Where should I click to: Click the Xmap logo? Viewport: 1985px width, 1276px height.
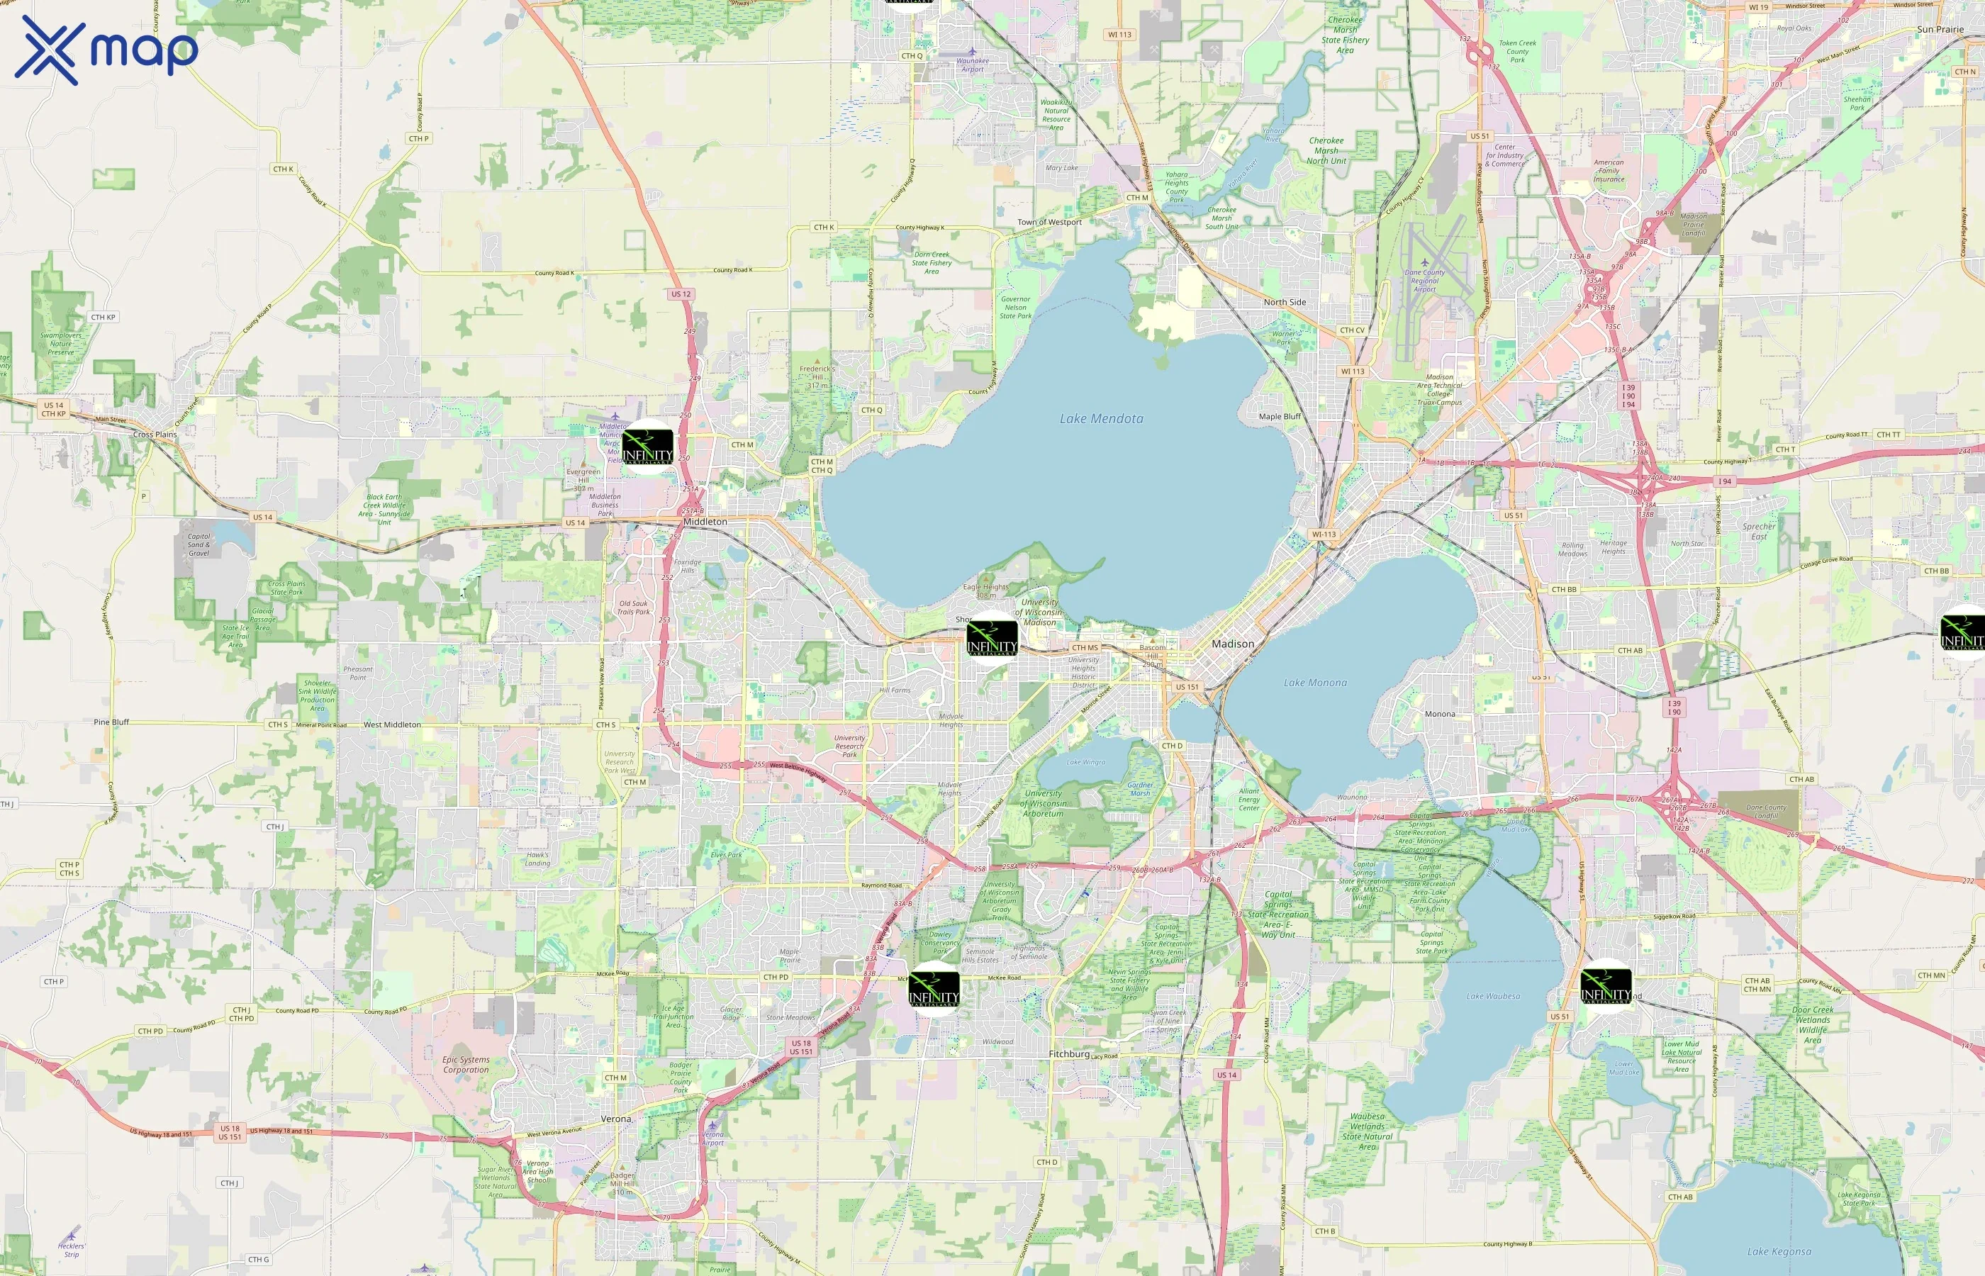(106, 50)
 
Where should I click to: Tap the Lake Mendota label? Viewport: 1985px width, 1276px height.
(1101, 419)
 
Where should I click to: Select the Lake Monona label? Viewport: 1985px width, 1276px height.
(1315, 683)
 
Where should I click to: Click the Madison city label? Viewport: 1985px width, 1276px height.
(1233, 644)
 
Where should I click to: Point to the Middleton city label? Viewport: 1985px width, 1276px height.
(705, 522)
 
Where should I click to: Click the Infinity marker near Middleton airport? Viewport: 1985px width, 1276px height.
(647, 447)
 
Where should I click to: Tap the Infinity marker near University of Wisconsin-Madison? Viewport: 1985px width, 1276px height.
(992, 639)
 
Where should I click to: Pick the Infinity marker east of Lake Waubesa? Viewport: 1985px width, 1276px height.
(1606, 986)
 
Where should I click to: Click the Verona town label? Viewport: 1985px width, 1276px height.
(615, 1119)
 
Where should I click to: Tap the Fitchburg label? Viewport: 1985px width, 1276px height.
(1069, 1054)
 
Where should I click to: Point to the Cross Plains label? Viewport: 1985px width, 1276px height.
(155, 434)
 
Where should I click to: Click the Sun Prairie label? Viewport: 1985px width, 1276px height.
(1940, 30)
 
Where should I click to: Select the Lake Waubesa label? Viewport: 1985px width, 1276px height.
(1493, 997)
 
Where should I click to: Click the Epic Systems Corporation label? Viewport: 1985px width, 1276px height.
(466, 1065)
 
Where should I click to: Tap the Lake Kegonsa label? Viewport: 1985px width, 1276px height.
(1779, 1252)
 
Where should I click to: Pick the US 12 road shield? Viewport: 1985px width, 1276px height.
(681, 294)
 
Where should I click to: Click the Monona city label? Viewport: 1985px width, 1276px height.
(1439, 715)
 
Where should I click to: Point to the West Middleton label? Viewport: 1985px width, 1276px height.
(392, 725)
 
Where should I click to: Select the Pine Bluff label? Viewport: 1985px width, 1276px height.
(111, 722)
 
